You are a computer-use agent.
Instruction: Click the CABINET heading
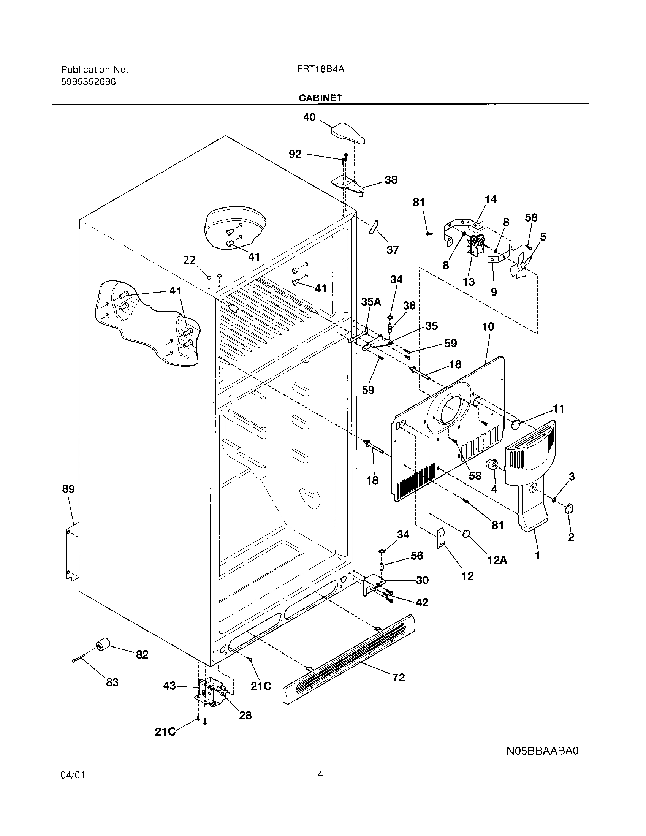point(320,98)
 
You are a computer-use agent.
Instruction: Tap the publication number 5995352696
point(89,82)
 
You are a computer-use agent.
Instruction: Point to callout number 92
point(295,154)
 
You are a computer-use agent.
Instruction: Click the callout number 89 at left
point(68,489)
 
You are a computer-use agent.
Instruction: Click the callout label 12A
point(497,560)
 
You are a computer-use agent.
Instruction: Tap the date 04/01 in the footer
point(72,776)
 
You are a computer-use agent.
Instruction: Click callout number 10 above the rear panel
point(488,326)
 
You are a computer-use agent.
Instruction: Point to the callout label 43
point(169,686)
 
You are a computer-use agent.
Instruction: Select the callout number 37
point(393,250)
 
